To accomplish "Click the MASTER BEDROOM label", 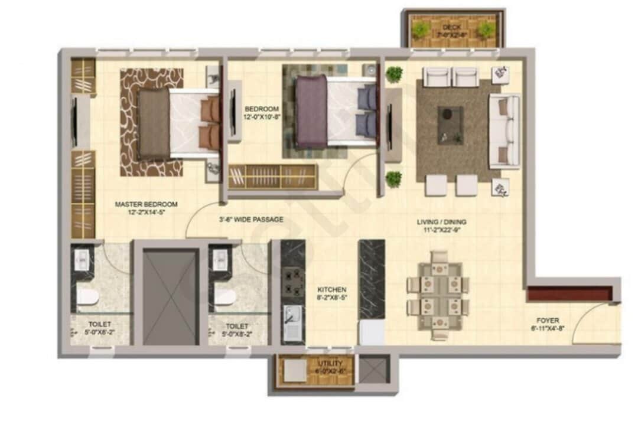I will tap(146, 208).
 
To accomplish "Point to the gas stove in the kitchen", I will tap(292, 282).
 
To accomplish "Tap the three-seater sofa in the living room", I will tap(503, 131).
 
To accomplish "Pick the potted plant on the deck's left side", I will tap(421, 30).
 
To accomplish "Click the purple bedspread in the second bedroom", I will tap(311, 112).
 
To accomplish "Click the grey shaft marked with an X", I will tap(171, 296).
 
